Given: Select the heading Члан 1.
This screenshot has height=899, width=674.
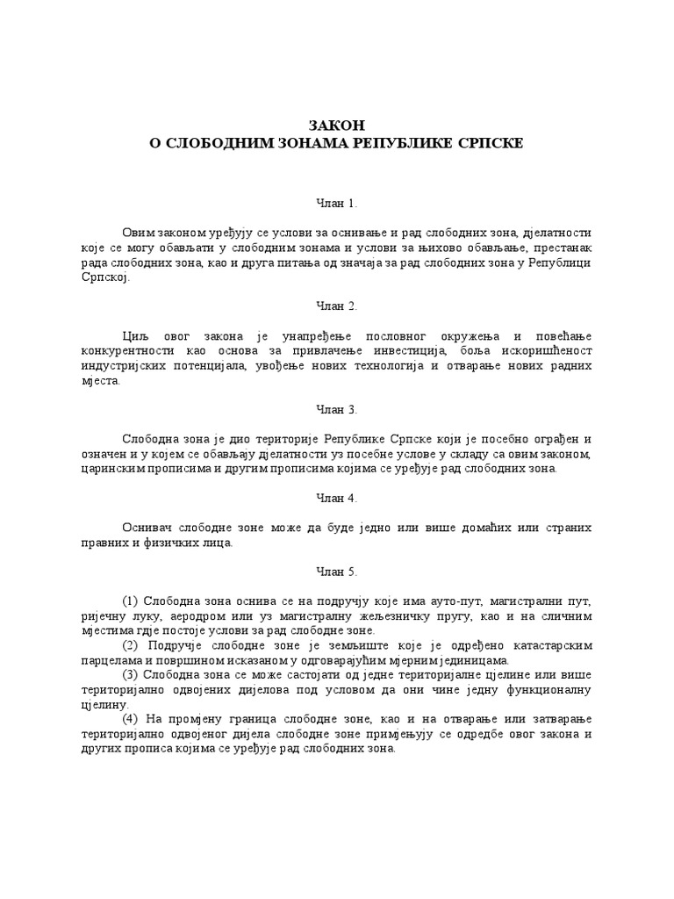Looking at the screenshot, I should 336,203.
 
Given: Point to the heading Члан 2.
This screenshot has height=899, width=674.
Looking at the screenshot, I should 336,306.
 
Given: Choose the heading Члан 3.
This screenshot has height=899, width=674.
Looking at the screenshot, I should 336,409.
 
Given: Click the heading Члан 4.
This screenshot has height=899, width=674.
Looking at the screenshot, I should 336,498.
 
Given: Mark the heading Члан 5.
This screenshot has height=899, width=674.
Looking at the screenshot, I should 336,572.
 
